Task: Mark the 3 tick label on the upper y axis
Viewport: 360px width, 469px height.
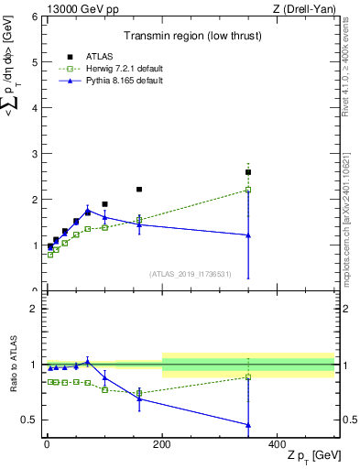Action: (33, 154)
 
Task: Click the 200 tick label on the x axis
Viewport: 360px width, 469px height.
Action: (162, 444)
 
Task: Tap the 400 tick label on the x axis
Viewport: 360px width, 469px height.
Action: (278, 444)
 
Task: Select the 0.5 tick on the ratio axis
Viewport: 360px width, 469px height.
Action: (29, 420)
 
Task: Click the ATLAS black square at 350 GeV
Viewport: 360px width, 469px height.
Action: (248, 172)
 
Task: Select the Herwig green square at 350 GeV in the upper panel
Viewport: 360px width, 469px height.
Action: (248, 190)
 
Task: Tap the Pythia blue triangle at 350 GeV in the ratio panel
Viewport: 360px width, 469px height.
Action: (248, 424)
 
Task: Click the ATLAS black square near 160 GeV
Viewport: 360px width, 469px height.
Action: (139, 190)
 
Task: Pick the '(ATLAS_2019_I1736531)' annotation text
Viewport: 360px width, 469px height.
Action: (191, 274)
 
